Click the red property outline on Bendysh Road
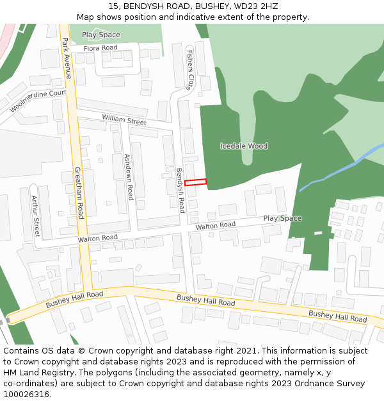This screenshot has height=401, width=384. coord(196,182)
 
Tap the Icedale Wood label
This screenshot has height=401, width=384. coord(244,146)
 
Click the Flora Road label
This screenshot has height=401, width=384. coord(100,48)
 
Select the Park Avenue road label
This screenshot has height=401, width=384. coord(67,58)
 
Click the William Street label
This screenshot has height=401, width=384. coord(124,119)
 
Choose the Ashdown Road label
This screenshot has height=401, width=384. coord(128,176)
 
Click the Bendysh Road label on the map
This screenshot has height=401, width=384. coord(180,191)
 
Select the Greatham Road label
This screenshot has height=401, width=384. coord(79,192)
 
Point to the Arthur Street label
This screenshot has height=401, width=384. coord(36,217)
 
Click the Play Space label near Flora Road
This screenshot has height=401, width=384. coord(101,35)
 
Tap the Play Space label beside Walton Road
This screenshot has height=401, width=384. coord(282,219)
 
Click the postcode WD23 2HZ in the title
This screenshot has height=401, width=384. coord(256,6)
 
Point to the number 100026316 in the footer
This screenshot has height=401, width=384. coord(26,395)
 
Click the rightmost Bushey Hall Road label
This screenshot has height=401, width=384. coord(337,316)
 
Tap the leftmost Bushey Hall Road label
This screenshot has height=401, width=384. coord(74,299)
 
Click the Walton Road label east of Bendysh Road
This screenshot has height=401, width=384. coord(216,226)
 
